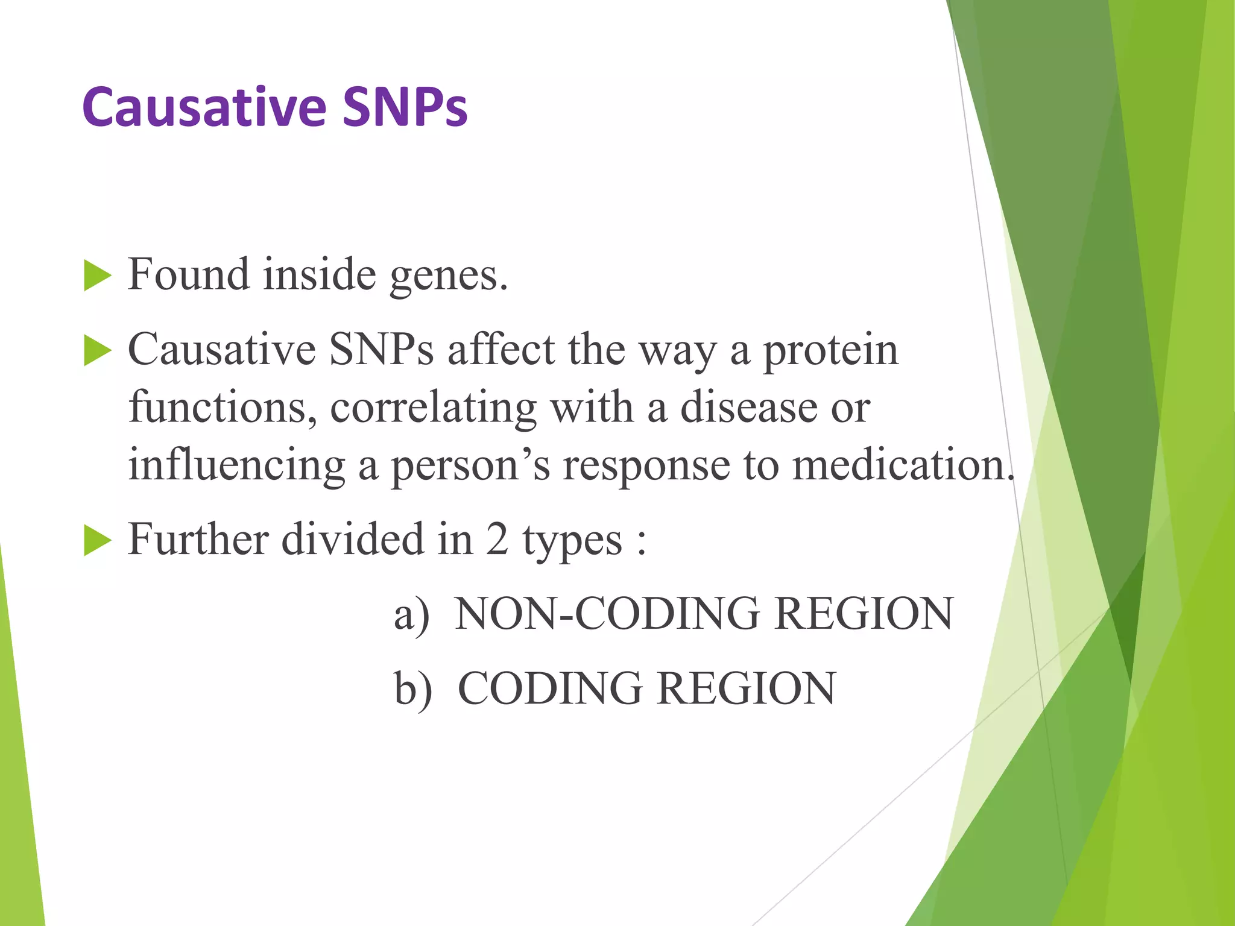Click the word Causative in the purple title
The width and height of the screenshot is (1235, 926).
tap(205, 107)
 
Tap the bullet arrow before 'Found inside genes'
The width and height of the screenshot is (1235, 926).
tap(97, 276)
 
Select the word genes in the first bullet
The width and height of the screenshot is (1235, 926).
tap(448, 276)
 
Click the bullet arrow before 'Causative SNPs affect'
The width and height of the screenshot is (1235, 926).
tap(97, 351)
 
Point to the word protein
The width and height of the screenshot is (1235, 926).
tap(831, 351)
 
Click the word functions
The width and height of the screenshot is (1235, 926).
tap(222, 408)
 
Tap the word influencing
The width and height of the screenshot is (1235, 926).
tap(236, 465)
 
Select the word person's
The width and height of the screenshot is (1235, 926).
tap(470, 465)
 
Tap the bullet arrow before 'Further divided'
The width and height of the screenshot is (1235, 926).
tap(97, 540)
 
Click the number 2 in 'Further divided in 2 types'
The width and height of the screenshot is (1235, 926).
tap(497, 539)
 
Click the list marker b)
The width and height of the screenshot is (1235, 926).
tap(413, 689)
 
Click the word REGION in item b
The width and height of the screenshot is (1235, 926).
tap(746, 689)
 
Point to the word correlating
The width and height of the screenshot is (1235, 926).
tap(433, 408)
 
